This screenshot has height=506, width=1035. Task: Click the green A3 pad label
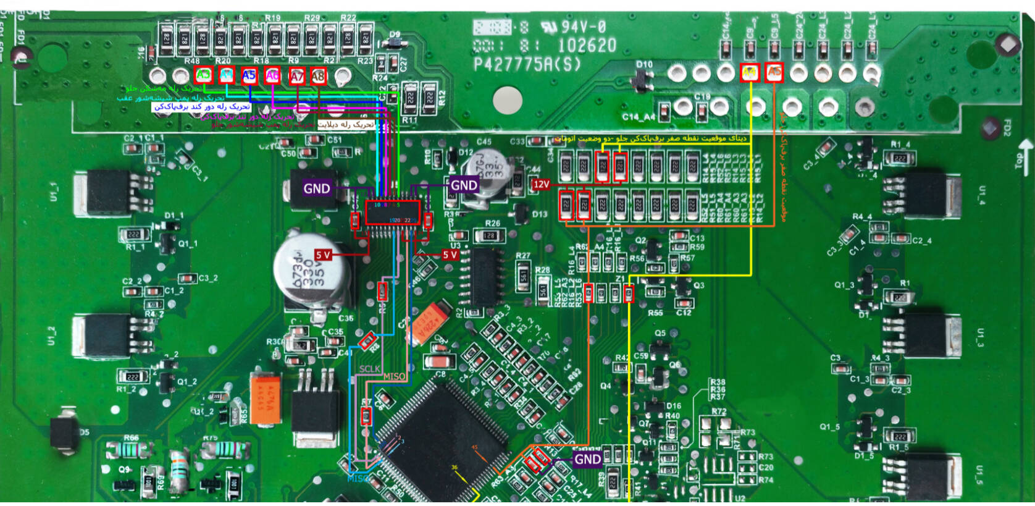tap(203, 75)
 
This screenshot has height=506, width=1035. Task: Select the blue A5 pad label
tap(249, 75)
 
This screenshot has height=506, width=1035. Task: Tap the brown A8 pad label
tap(318, 76)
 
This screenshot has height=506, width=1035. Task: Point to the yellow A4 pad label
tap(749, 72)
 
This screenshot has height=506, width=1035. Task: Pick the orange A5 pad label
tap(774, 72)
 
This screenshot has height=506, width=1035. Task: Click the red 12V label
tap(541, 184)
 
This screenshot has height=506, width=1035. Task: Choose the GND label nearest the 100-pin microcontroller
tap(587, 459)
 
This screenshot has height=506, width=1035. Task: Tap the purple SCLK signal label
tap(369, 369)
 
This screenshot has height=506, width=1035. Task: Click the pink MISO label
tap(395, 376)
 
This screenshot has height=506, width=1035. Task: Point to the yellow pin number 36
tap(455, 468)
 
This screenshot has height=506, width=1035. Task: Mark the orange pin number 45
tap(474, 448)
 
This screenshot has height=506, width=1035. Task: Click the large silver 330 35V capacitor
tap(312, 272)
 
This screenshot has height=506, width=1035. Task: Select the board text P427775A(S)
tap(527, 65)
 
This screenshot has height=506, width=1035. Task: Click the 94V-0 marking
tap(583, 27)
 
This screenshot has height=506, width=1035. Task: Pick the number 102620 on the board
tap(587, 46)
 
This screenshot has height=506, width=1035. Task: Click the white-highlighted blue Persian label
tap(201, 107)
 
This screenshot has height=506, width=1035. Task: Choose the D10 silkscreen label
tap(644, 64)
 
